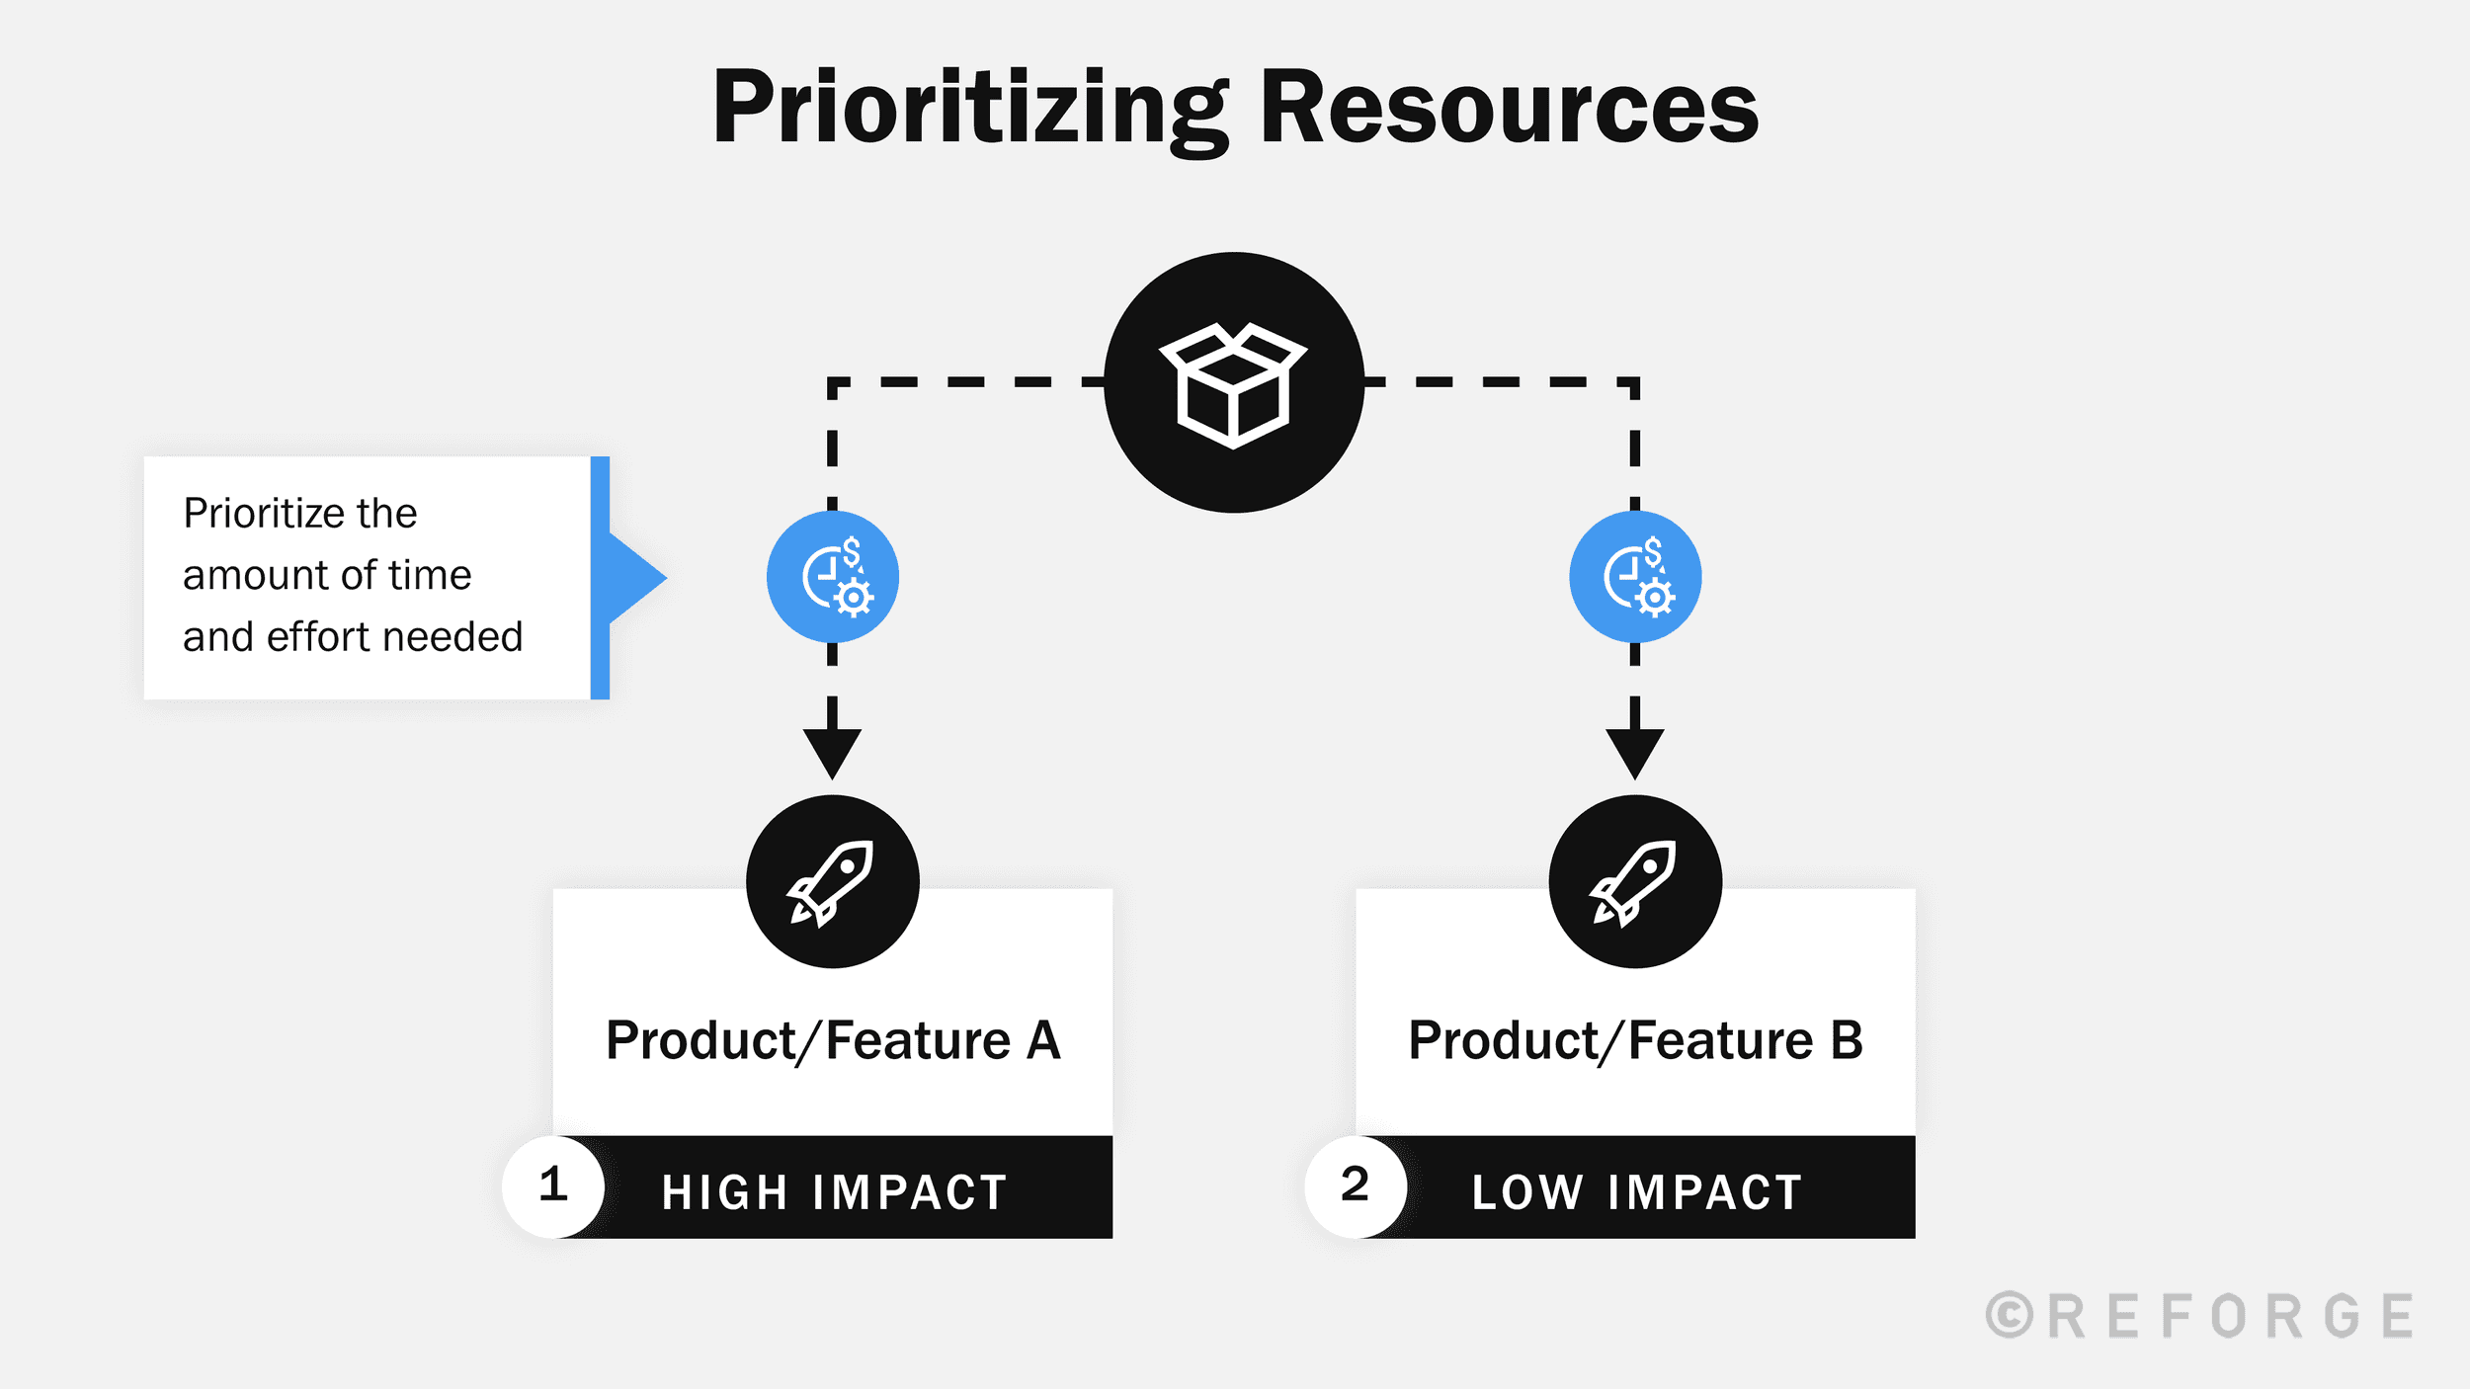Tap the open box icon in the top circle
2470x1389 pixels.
1233,384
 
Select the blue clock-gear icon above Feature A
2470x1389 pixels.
833,577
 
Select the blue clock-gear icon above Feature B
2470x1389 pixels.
1635,577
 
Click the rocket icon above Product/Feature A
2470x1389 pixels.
832,881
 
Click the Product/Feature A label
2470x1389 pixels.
833,1041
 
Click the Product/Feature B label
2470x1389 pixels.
1635,1041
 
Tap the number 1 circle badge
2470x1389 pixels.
553,1185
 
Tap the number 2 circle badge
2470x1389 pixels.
1356,1185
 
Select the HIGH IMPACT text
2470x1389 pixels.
834,1192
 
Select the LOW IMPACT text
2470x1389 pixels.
1637,1192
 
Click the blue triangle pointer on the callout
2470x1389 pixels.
634,578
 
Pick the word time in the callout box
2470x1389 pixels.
431,576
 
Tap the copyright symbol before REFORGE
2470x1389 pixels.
2010,1317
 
